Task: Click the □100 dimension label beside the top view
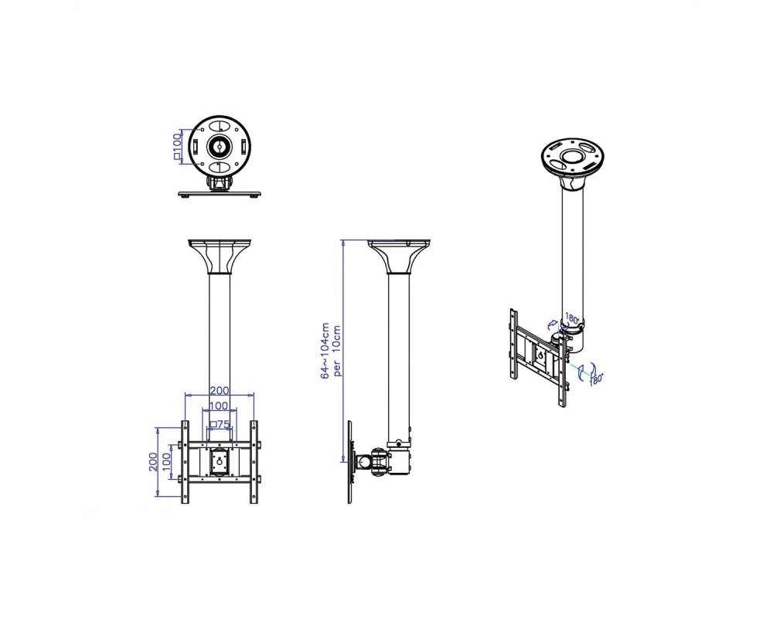coord(178,146)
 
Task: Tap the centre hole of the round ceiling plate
coord(220,146)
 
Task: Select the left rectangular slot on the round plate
coord(196,146)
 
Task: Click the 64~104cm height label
coord(325,351)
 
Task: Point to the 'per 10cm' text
coord(337,351)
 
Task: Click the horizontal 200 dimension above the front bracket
coord(220,390)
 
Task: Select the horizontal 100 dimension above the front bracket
coord(219,406)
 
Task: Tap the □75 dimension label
coord(220,424)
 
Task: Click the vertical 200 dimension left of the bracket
coord(153,462)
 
